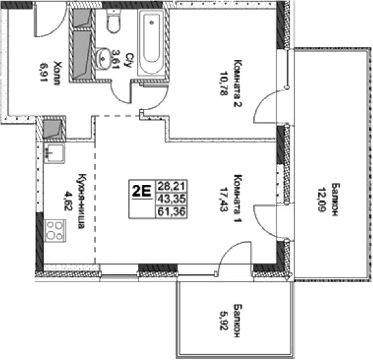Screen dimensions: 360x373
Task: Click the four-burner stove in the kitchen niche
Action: (x=53, y=230)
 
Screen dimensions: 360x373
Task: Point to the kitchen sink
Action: (x=53, y=155)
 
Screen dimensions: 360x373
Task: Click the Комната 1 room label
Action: (x=238, y=198)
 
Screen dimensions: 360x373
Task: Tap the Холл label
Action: (x=57, y=68)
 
